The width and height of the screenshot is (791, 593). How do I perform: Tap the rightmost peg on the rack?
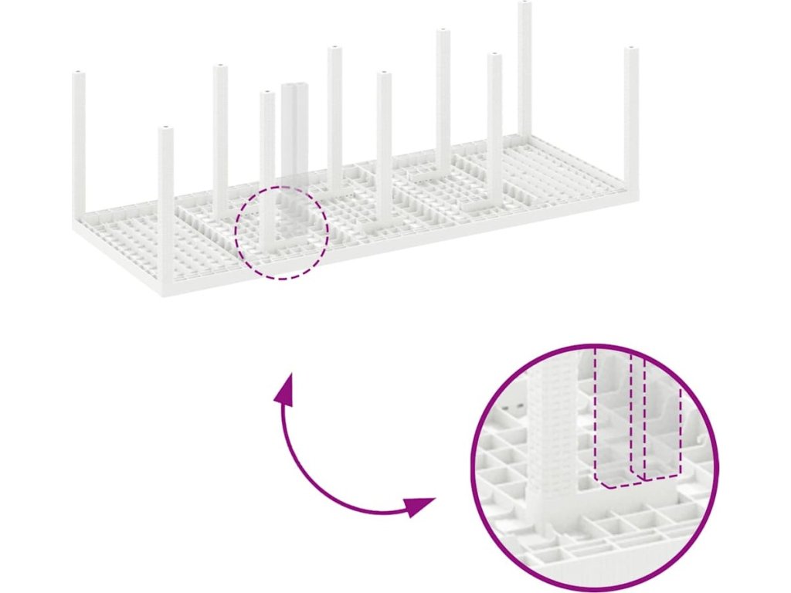pos(631,116)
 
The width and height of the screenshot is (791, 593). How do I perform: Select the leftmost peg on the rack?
pos(79,139)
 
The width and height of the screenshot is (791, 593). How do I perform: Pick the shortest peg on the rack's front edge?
pos(166,201)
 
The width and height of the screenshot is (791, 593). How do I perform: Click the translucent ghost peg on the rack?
pos(294,131)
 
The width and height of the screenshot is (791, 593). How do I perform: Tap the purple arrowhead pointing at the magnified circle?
pos(420,507)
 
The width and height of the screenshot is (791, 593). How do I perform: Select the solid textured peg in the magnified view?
pos(553,432)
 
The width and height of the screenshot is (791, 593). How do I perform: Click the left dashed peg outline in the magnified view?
pos(615,421)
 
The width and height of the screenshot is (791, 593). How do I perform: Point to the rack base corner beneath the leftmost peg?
pos(80,225)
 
